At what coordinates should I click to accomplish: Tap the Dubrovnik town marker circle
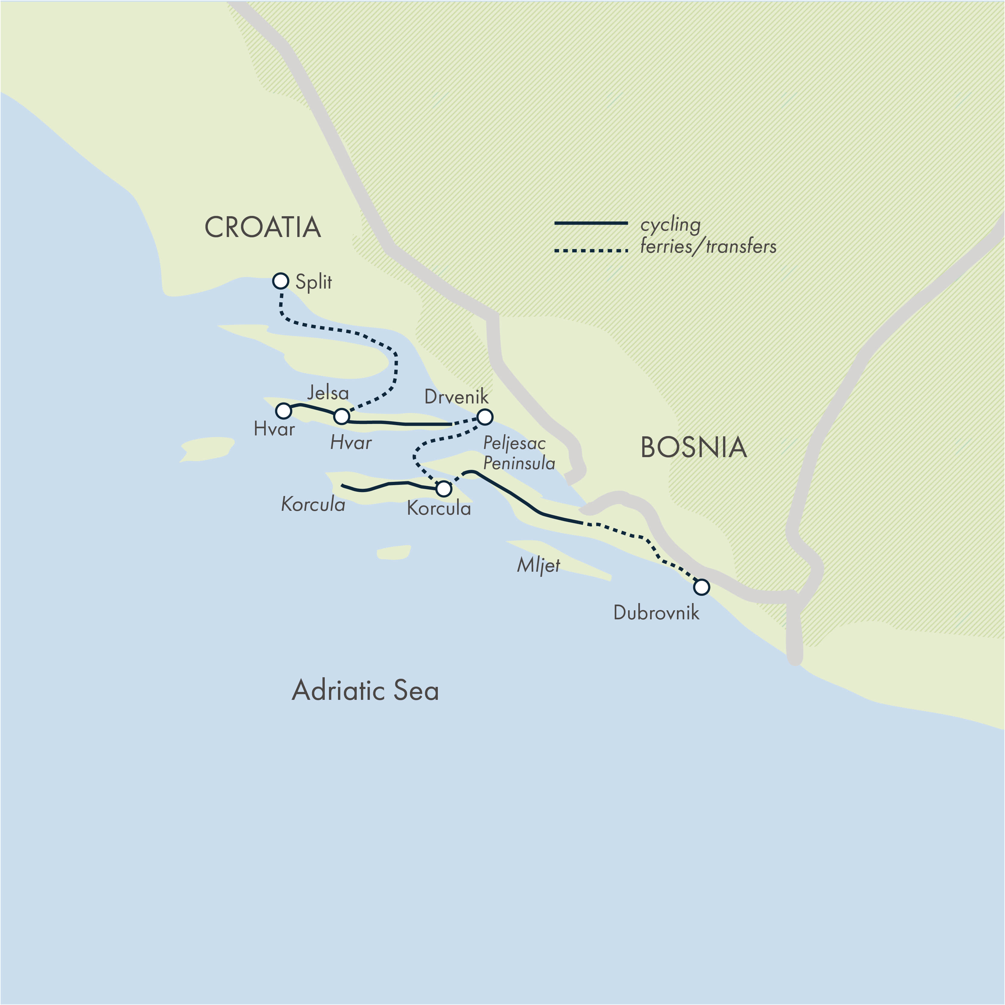701,587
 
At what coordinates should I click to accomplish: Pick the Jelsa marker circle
341,416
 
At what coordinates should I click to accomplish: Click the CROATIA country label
263,228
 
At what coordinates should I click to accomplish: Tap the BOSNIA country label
694,447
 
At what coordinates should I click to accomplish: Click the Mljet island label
539,565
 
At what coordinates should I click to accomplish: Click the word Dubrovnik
656,613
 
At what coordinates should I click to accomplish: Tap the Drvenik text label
456,397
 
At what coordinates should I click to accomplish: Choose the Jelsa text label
328,393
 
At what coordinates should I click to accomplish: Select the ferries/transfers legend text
708,246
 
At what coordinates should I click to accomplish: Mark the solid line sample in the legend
591,223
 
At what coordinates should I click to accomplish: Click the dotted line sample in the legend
591,251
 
